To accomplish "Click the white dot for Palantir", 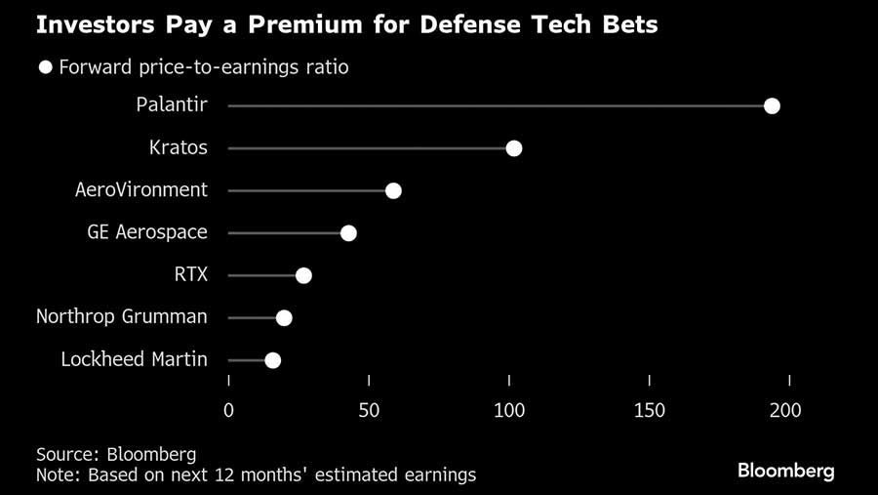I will click(772, 105).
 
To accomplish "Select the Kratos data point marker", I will click(514, 148).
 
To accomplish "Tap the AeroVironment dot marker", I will click(393, 190).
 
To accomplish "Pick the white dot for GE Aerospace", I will click(348, 232).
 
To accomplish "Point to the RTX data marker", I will click(303, 275).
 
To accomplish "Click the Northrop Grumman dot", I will click(284, 317).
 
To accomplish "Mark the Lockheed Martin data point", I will click(272, 360).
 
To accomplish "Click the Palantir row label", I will click(172, 105).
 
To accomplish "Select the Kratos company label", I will click(178, 148).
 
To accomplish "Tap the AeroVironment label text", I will click(141, 190).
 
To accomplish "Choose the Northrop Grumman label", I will click(122, 317).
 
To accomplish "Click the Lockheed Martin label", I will click(134, 360).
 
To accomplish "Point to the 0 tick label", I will click(229, 411).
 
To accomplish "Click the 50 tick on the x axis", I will click(369, 411).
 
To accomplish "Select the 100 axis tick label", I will click(509, 411).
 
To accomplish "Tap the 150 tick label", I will click(650, 411).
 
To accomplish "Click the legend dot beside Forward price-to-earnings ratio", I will click(45, 67).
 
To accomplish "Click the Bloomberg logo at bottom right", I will click(785, 471).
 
